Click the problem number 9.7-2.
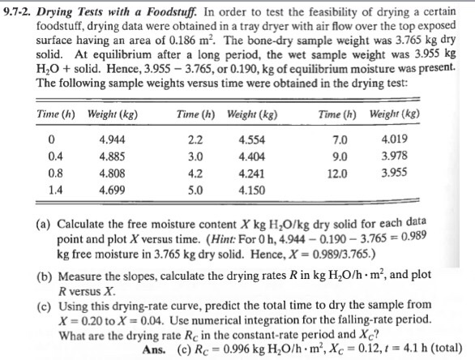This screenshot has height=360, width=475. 18,13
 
